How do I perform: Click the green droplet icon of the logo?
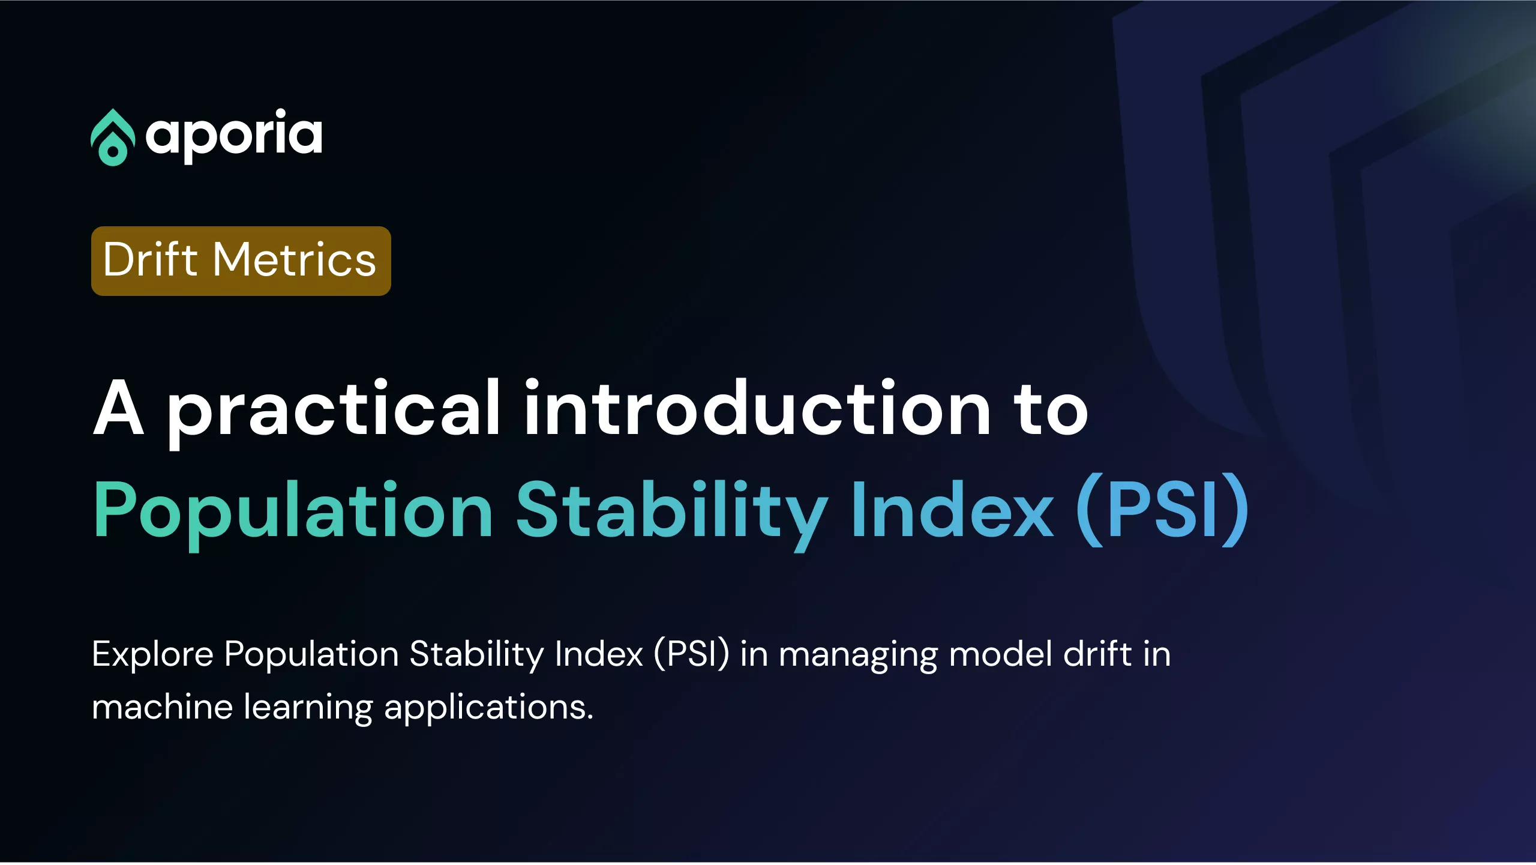[x=113, y=138]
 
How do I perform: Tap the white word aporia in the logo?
[x=234, y=136]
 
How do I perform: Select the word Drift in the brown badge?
[x=150, y=259]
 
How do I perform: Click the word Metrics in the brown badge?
[x=295, y=259]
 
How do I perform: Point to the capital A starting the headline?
[x=119, y=408]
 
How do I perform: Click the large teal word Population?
[x=293, y=514]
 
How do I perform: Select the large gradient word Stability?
[x=672, y=514]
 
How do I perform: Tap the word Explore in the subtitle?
[x=152, y=655]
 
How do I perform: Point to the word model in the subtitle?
[x=1001, y=653]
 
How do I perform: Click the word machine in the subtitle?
[x=162, y=707]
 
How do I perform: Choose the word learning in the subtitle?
[x=308, y=709]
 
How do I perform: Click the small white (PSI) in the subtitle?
[x=691, y=654]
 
